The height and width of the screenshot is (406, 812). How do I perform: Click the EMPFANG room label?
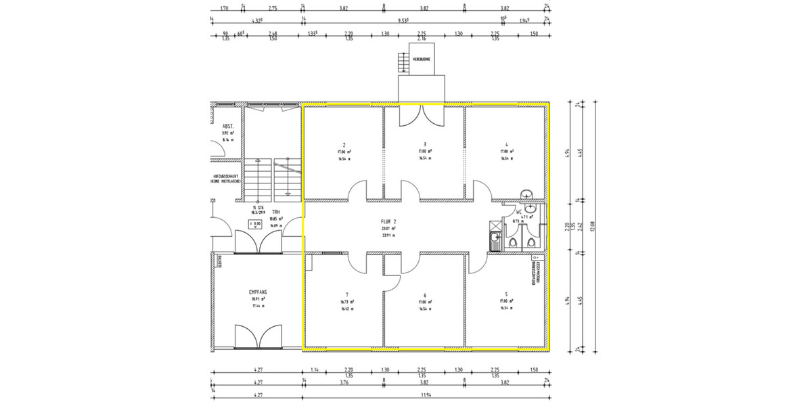click(x=257, y=292)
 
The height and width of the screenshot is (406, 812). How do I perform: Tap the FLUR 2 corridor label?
click(x=388, y=221)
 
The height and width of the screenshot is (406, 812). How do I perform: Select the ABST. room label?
click(x=228, y=127)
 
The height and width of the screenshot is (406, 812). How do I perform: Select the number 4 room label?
click(x=506, y=144)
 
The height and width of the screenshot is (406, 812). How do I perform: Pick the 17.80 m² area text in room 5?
click(x=507, y=301)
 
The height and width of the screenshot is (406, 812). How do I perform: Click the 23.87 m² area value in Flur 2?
click(x=388, y=229)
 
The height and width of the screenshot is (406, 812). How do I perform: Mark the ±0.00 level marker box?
click(x=256, y=223)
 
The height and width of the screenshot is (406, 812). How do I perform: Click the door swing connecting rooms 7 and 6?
click(x=391, y=284)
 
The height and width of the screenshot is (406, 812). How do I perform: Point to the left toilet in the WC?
click(x=513, y=243)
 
